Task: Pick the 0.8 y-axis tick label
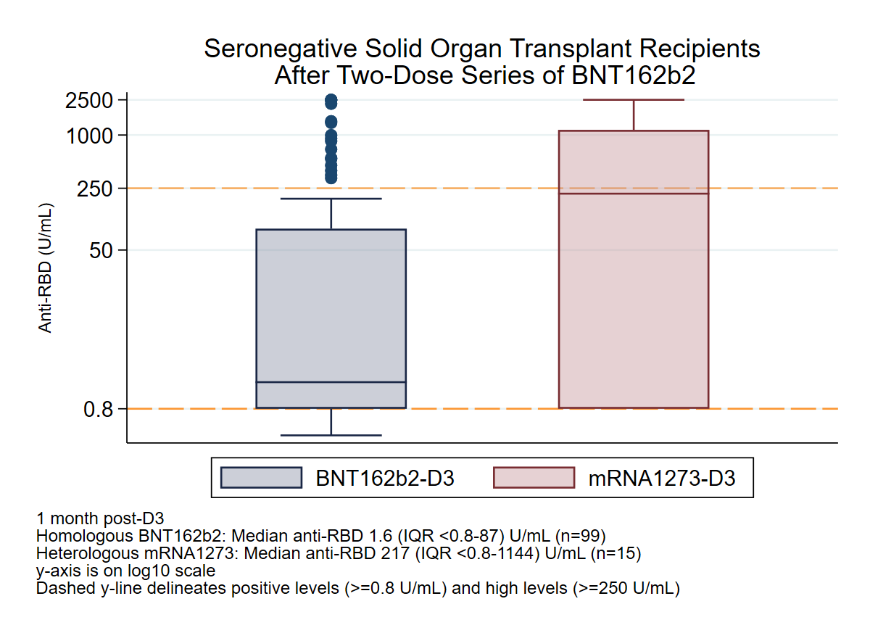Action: (99, 409)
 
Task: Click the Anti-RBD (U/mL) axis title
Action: (46, 268)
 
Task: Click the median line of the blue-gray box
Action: (331, 382)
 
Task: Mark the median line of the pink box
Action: (633, 194)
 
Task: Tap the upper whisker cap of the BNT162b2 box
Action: (331, 199)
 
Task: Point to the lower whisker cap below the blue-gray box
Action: (331, 435)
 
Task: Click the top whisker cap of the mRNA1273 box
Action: (634, 100)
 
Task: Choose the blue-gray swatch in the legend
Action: (261, 478)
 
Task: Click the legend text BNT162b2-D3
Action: (384, 479)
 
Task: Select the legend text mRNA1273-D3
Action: (661, 479)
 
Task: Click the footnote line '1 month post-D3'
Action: (101, 518)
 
